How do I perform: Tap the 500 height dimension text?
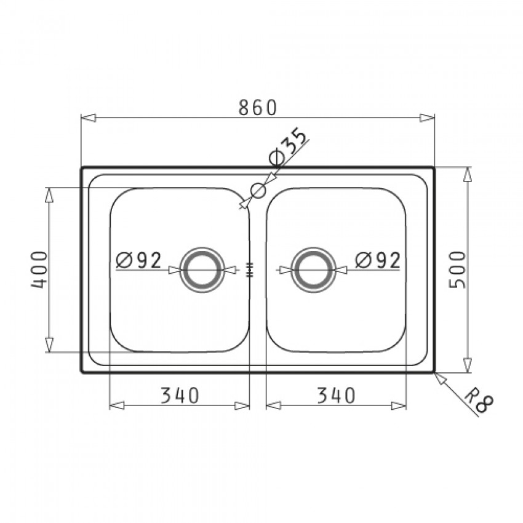click(x=457, y=270)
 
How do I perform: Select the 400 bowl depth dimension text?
click(x=39, y=270)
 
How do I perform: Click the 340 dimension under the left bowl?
click(x=180, y=395)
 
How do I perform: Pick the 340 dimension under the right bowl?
click(x=336, y=395)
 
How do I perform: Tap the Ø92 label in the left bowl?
click(x=139, y=260)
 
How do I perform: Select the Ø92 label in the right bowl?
click(x=377, y=260)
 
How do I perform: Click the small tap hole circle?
click(x=258, y=185)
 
